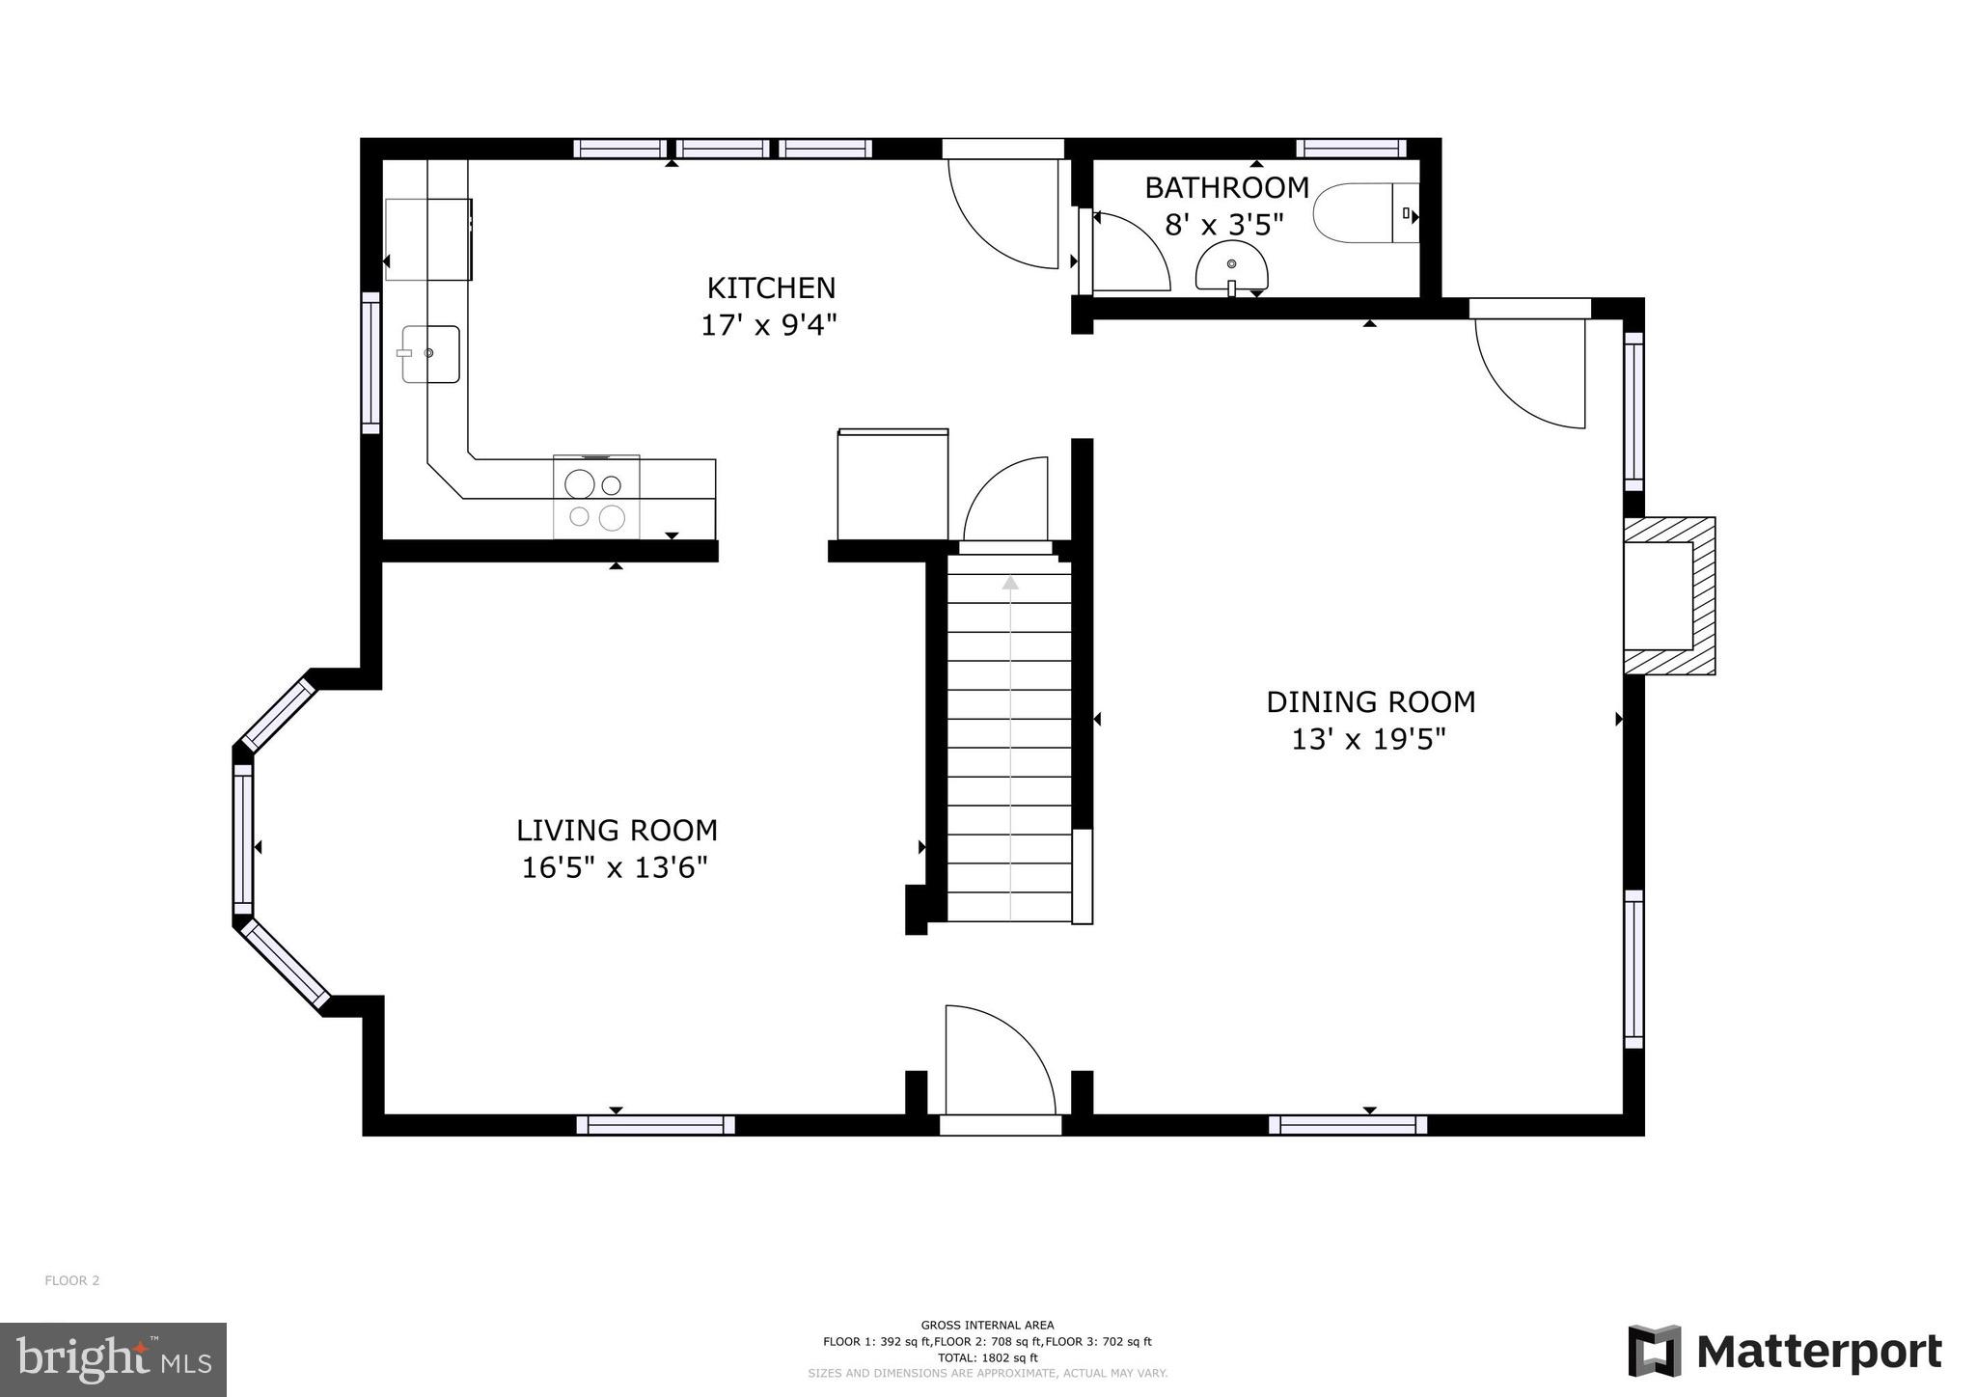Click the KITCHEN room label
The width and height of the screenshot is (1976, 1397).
(x=771, y=288)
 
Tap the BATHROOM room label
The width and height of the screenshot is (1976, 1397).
(x=1226, y=187)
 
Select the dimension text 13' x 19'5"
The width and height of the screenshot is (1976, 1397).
(x=1368, y=740)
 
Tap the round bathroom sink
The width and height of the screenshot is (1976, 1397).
(x=1232, y=267)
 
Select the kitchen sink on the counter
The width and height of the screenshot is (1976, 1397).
(x=430, y=354)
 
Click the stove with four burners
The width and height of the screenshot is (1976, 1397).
(x=595, y=499)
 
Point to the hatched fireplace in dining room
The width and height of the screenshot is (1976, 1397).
(x=1669, y=595)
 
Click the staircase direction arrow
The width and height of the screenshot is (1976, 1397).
(x=1010, y=583)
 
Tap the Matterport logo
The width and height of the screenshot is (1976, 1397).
(x=1784, y=1352)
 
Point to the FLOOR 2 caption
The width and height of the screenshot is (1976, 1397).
(x=72, y=1281)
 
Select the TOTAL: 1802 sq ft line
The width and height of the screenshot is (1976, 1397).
(x=987, y=1357)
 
